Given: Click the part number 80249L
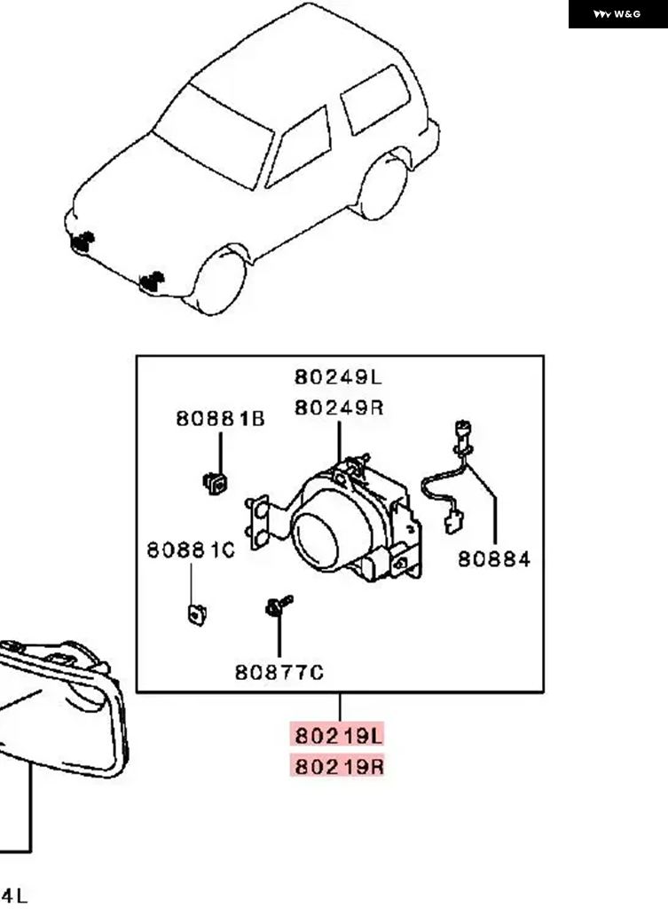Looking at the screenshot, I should click(x=338, y=377).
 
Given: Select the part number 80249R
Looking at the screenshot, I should click(x=338, y=407).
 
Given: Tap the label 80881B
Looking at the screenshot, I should click(x=220, y=418).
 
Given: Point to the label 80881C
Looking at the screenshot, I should click(x=191, y=550).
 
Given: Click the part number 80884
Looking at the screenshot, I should click(x=493, y=558).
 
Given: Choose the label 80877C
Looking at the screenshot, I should click(x=279, y=673).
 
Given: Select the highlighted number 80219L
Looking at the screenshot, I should click(x=338, y=735).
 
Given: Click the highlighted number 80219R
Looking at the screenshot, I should click(x=338, y=765).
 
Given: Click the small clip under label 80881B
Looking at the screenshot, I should click(x=215, y=482).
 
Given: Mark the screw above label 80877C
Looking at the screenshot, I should click(x=277, y=606).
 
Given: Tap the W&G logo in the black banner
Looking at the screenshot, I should click(x=617, y=14).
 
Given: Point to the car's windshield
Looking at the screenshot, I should click(x=212, y=134).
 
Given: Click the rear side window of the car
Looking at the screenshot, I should click(x=375, y=98).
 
